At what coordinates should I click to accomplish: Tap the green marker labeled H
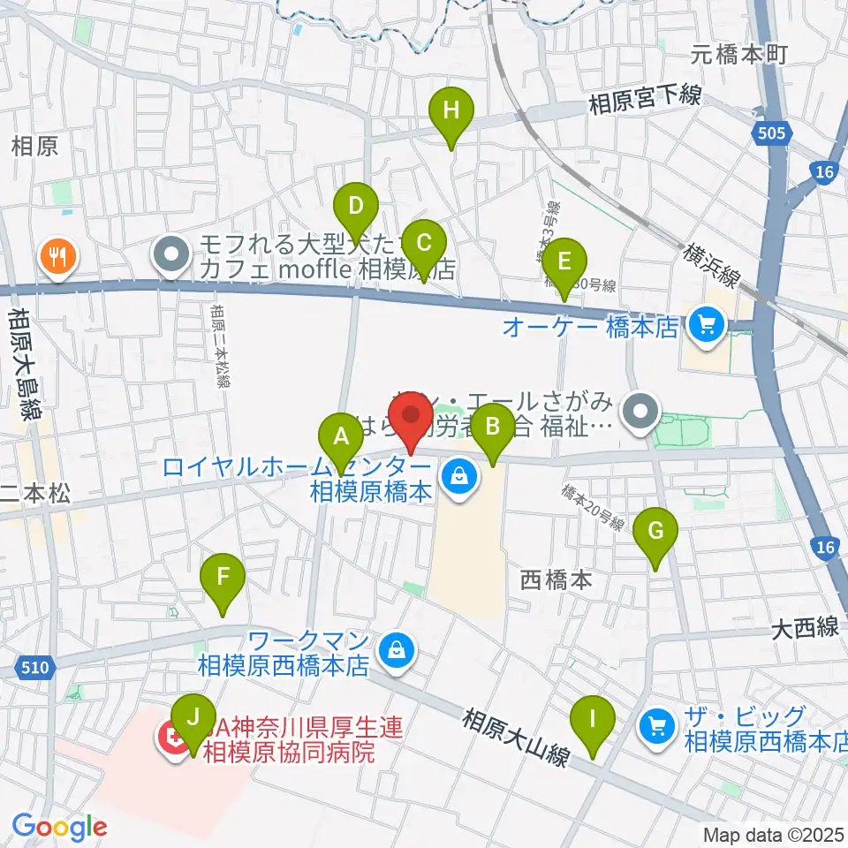click(451, 111)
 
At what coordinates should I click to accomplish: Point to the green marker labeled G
click(655, 532)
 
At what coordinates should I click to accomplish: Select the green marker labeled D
click(355, 208)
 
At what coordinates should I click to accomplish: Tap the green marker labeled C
click(423, 242)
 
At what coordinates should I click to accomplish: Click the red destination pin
click(411, 415)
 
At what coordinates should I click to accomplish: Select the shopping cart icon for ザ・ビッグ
click(657, 727)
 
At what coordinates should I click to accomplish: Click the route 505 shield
click(771, 133)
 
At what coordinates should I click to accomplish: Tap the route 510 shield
click(34, 670)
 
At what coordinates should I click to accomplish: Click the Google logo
click(59, 827)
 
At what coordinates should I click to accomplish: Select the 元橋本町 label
click(738, 55)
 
